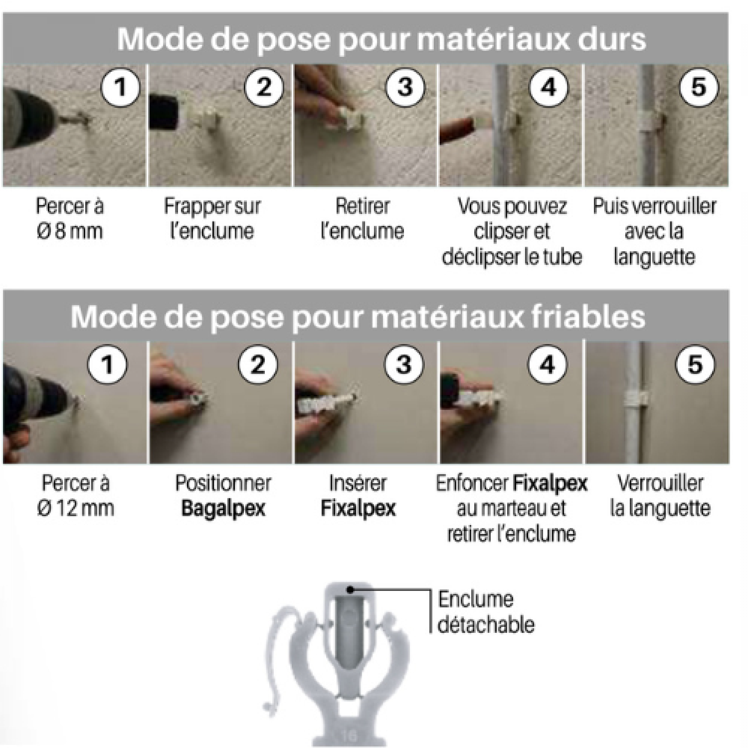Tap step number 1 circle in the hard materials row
(x=120, y=88)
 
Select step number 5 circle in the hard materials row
(x=698, y=88)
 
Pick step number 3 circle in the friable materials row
(x=404, y=365)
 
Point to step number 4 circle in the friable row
(x=548, y=365)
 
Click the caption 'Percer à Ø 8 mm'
(x=70, y=218)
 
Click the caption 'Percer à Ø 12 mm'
(x=75, y=496)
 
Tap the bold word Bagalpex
(x=223, y=508)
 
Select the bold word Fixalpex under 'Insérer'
(x=358, y=508)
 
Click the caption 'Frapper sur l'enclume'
(x=212, y=218)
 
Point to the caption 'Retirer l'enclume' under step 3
(x=362, y=218)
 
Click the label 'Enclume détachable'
(x=486, y=611)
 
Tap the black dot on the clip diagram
(x=351, y=589)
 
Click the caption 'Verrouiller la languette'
(x=660, y=496)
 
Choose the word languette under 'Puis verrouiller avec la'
(x=654, y=257)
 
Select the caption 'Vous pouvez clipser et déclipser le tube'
(x=512, y=231)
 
